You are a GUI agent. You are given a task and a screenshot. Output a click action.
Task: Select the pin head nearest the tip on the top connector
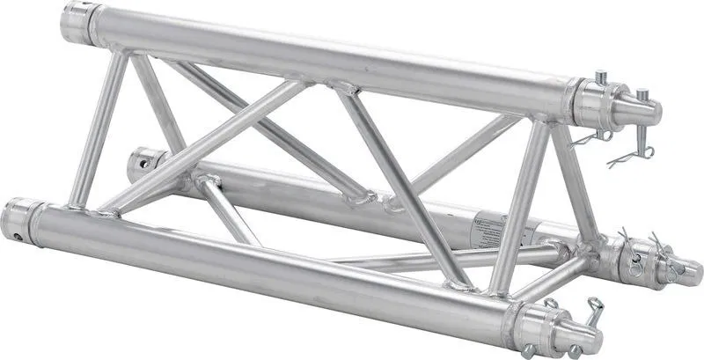pyautogui.click(x=642, y=92)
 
